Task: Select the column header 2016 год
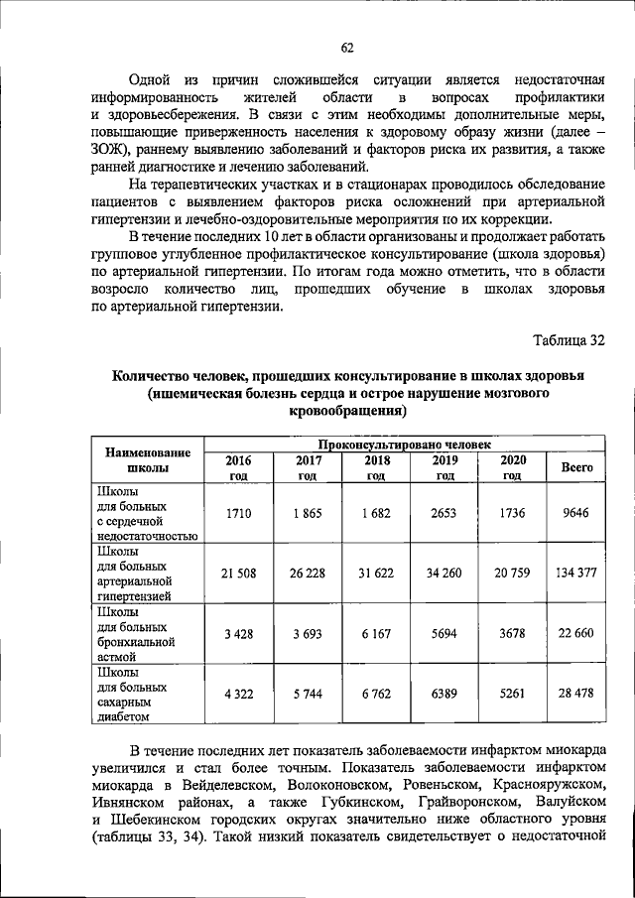pos(239,467)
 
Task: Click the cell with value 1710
pos(239,513)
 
